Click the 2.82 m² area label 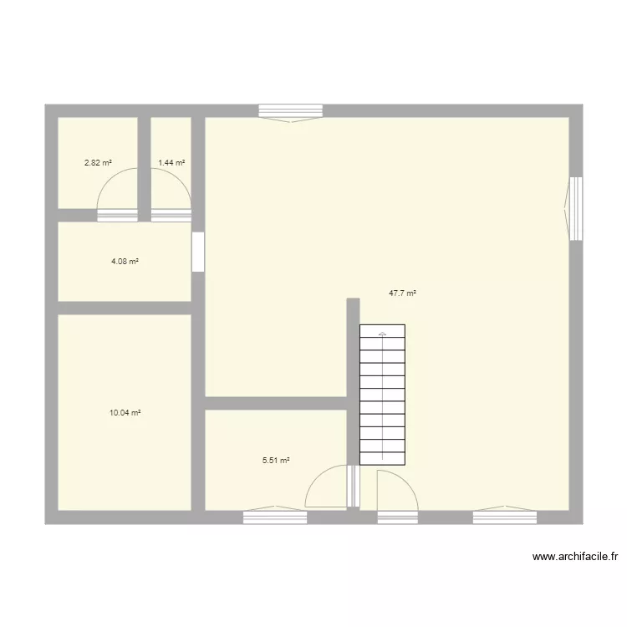click(98, 163)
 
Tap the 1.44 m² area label click(171, 163)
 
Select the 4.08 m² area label click(125, 262)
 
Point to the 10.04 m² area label click(125, 413)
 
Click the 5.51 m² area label click(276, 460)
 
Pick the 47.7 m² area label click(402, 293)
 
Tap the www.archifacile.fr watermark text click(574, 556)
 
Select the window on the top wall click(290, 111)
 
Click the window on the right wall click(575, 208)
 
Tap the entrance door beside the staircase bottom click(396, 493)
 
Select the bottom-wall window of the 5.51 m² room click(275, 517)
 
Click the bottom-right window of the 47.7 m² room click(504, 517)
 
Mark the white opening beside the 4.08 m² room click(198, 252)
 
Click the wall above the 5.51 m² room click(276, 403)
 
